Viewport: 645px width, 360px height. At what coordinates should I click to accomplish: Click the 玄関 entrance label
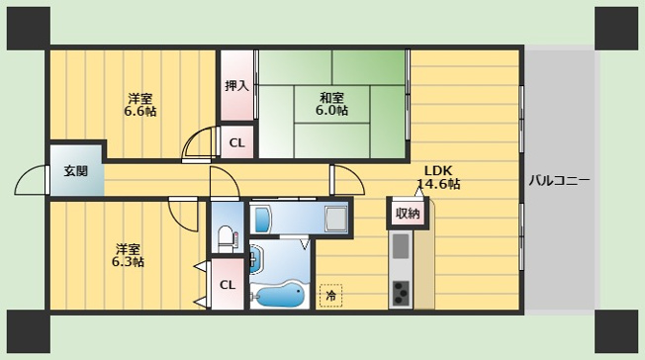click(76, 171)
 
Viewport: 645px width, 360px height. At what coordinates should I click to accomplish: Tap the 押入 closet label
click(237, 86)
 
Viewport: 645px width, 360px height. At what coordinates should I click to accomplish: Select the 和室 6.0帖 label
click(332, 104)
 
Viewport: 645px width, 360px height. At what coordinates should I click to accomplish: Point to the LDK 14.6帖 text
click(438, 177)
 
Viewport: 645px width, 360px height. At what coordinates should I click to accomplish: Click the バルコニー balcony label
click(559, 180)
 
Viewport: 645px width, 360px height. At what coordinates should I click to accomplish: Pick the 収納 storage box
click(408, 213)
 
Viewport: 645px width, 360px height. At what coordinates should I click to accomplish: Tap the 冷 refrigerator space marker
click(330, 296)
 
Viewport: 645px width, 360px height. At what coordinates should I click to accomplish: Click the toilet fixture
click(227, 239)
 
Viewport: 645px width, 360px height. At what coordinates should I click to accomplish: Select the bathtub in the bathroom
click(277, 296)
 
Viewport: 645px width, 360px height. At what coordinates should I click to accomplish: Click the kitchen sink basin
click(401, 245)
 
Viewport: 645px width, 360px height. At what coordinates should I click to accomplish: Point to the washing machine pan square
click(337, 219)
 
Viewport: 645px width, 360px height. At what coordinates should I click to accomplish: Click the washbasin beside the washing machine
click(261, 220)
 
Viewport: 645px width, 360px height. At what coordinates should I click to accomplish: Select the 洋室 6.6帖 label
click(140, 105)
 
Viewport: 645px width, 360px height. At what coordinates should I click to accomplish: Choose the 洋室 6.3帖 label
click(128, 255)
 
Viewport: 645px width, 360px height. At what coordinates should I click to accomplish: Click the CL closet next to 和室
click(237, 142)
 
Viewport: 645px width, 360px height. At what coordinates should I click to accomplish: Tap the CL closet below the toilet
click(228, 284)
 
